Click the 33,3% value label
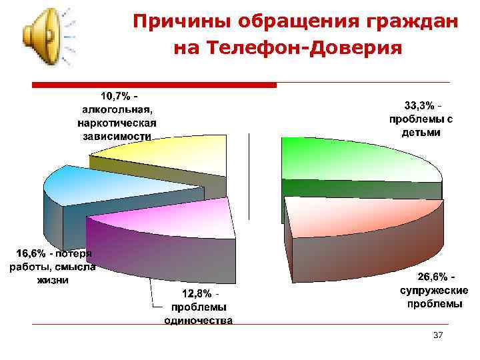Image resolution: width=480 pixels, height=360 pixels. tap(419, 106)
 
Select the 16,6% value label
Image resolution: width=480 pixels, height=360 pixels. tap(30, 254)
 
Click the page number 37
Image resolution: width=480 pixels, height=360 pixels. tap(438, 334)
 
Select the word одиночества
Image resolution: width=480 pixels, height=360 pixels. tap(199, 321)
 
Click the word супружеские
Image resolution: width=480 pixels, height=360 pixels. tap(433, 291)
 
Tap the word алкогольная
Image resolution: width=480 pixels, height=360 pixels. tap(117, 109)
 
